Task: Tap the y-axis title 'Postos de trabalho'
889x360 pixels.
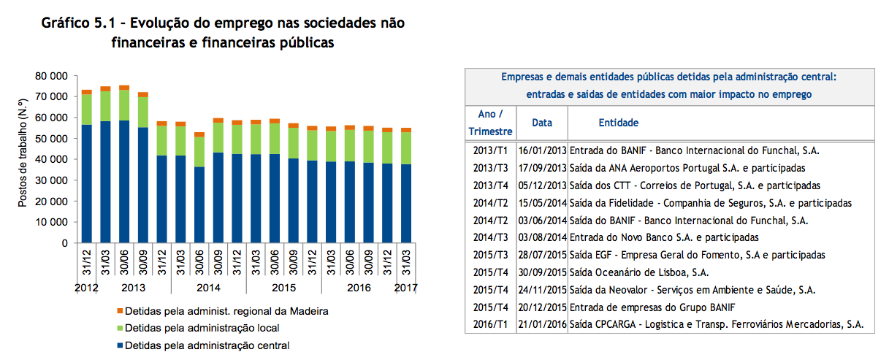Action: (x=23, y=159)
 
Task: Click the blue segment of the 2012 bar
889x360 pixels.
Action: (x=86, y=183)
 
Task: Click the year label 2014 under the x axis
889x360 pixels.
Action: (x=208, y=288)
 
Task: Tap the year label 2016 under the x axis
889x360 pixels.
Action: (x=359, y=288)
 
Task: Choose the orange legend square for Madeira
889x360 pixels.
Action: (x=118, y=311)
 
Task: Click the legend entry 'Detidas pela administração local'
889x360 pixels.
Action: (x=202, y=328)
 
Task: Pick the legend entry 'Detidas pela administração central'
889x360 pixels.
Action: (x=207, y=345)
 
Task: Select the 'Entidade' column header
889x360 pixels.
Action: (x=618, y=123)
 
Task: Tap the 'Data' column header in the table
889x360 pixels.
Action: (x=542, y=123)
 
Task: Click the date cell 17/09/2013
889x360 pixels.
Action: (x=542, y=168)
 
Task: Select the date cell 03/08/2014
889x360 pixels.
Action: (x=542, y=237)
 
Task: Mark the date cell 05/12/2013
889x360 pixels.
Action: (x=542, y=185)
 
